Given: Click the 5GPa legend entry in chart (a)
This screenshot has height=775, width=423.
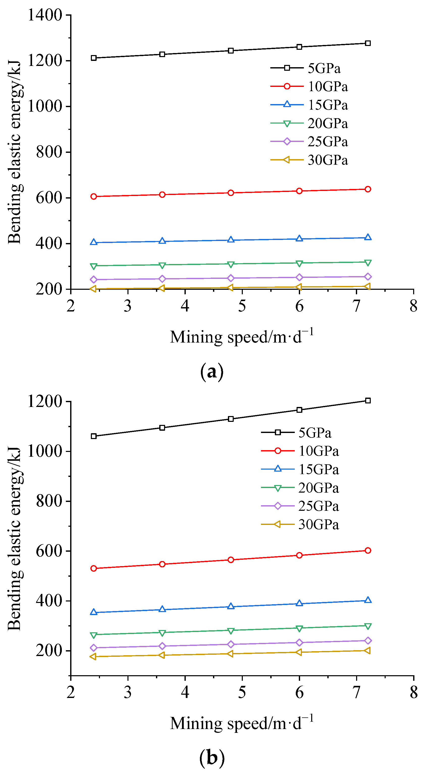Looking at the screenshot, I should (x=324, y=68).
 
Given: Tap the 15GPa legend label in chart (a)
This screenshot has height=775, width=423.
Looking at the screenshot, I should (x=328, y=105).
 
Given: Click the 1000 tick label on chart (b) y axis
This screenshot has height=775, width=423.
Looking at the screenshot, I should (x=44, y=451).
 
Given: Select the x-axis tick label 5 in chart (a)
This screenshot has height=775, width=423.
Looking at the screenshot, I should (x=242, y=306).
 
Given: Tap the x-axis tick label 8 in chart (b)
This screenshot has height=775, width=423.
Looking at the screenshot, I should (x=414, y=693).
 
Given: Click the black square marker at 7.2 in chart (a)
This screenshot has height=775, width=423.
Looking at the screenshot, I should (x=368, y=43).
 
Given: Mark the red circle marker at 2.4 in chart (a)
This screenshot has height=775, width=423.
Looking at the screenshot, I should (x=94, y=197).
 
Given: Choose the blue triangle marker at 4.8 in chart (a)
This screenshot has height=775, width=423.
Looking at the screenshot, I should (x=231, y=240).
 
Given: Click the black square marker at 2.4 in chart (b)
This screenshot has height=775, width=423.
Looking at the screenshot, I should (x=94, y=436).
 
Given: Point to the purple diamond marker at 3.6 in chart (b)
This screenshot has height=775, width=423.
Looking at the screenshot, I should (x=162, y=646).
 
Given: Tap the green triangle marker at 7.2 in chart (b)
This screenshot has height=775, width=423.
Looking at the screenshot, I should (x=368, y=626).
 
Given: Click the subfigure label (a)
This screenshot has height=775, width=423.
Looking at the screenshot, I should (x=212, y=372).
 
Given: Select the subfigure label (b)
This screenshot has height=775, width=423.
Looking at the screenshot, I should (x=212, y=758).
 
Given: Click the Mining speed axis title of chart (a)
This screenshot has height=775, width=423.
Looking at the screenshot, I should (x=242, y=337).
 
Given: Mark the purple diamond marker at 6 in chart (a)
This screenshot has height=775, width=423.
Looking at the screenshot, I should (x=299, y=277).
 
